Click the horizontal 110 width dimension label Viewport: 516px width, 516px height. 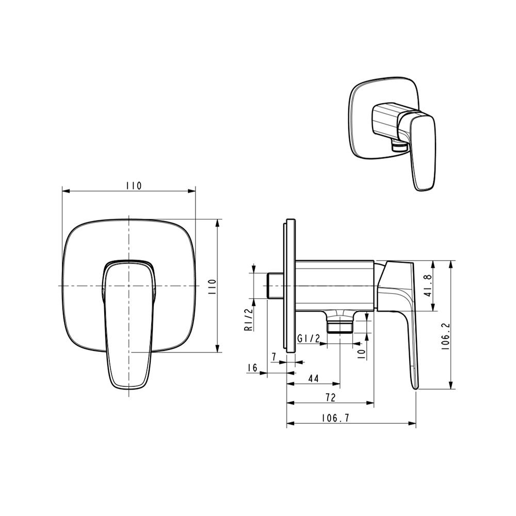(x=133, y=185)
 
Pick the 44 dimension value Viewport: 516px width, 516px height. (x=313, y=378)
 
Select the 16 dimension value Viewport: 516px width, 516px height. (x=252, y=367)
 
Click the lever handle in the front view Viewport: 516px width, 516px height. (x=128, y=330)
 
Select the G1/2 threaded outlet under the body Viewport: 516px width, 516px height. (x=340, y=325)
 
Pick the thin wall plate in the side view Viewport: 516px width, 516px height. (x=289, y=286)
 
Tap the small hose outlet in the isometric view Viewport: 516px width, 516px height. (x=397, y=147)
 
